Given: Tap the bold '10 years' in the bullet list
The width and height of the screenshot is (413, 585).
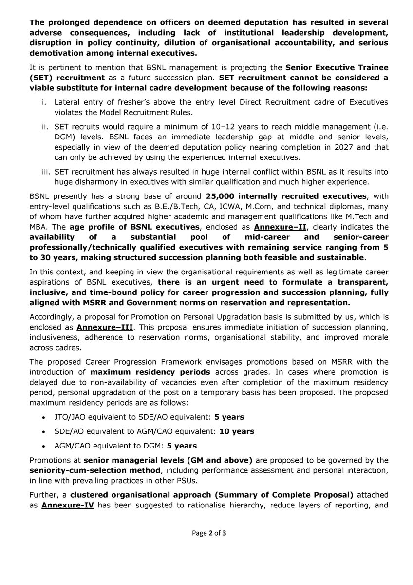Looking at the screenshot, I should [x=237, y=431].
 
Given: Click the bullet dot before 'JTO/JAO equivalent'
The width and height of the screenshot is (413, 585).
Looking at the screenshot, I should [x=45, y=418].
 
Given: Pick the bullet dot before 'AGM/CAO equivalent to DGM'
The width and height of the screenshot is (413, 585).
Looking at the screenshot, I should [x=45, y=446].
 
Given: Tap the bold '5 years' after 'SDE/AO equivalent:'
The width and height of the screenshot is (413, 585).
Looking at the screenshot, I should [x=230, y=418].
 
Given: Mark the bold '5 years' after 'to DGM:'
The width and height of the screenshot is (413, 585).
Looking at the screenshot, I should [x=181, y=446].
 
